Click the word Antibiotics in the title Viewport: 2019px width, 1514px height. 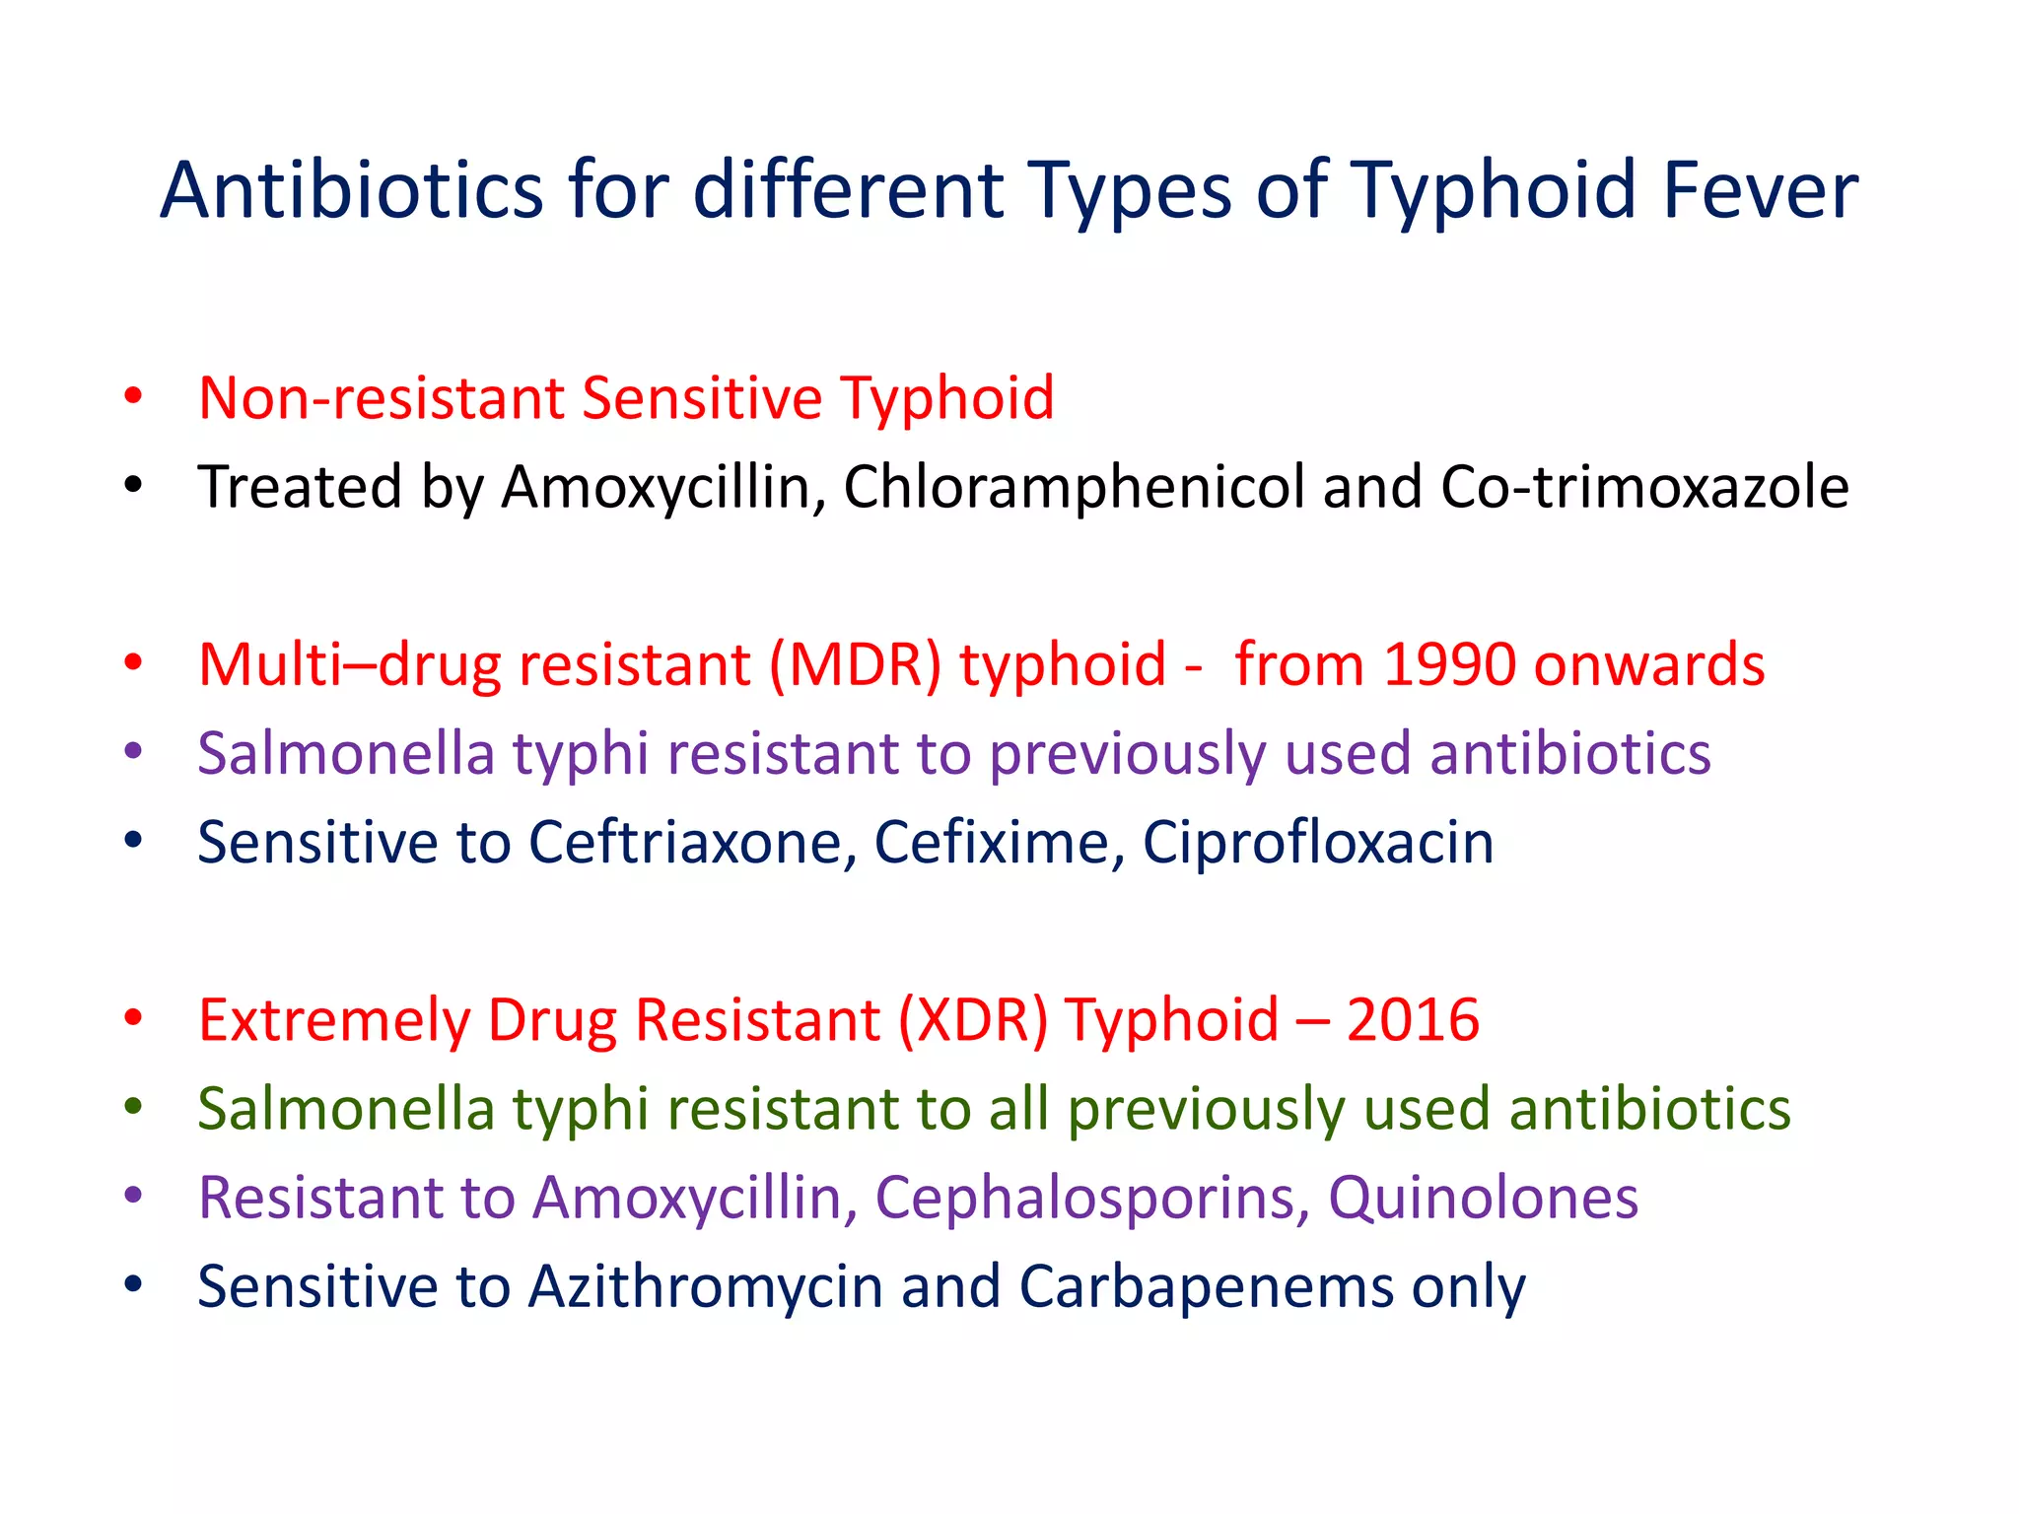point(352,189)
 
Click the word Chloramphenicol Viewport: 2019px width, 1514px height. point(1074,487)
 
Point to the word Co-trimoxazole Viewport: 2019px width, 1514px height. point(1644,487)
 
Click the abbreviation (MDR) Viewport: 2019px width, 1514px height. point(855,664)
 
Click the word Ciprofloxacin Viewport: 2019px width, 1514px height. point(1318,843)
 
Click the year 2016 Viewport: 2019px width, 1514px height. point(1413,1020)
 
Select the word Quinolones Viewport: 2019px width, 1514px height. point(1483,1199)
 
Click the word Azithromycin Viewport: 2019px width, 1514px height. point(705,1287)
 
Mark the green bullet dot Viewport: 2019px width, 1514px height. point(134,1107)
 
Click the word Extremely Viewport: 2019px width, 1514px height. point(334,1020)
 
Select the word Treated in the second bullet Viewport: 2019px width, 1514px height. point(300,487)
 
